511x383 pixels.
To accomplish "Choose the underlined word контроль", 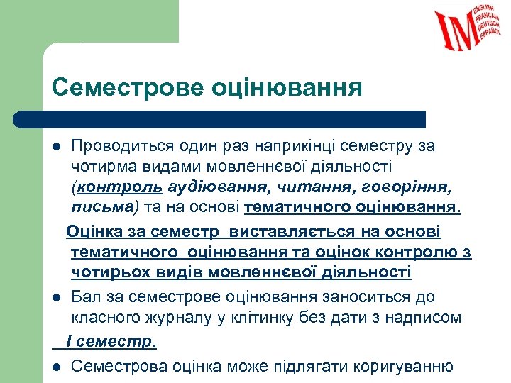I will click(x=119, y=188).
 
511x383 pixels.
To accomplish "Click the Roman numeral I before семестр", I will click(x=69, y=341).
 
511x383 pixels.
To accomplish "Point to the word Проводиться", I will click(x=122, y=146).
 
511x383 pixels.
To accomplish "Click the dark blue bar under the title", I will click(x=220, y=119).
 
